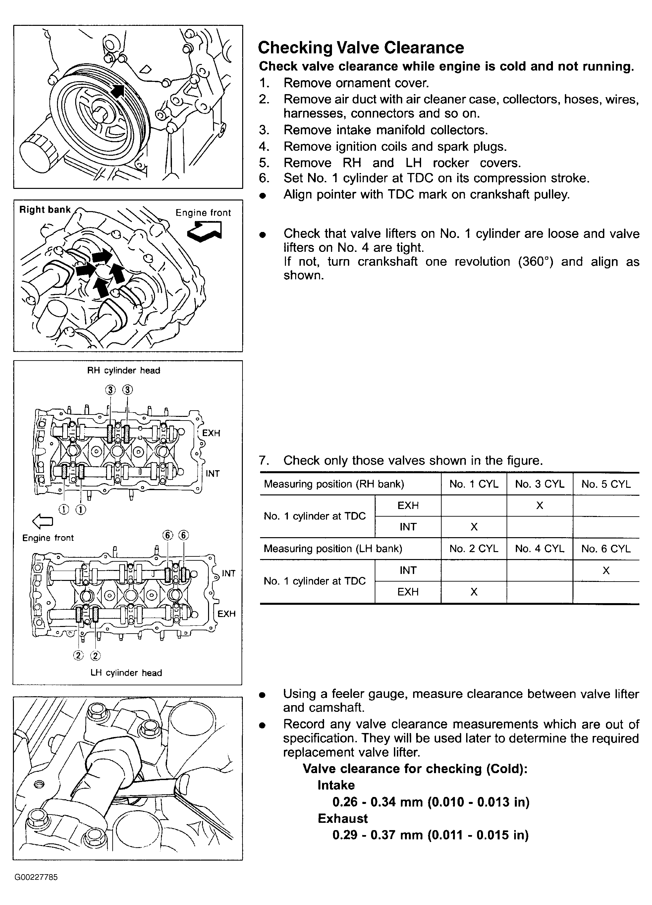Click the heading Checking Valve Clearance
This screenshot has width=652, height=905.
pyautogui.click(x=361, y=48)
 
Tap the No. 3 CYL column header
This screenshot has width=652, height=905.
pyautogui.click(x=539, y=484)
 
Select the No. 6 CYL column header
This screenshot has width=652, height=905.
pyautogui.click(x=606, y=549)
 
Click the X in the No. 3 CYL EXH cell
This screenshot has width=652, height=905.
pyautogui.click(x=539, y=506)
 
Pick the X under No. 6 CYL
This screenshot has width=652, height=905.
pyautogui.click(x=606, y=571)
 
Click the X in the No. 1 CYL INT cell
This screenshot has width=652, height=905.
pyautogui.click(x=474, y=527)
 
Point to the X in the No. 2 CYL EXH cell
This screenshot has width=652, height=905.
pyautogui.click(x=474, y=592)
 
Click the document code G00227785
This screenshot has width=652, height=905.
pyautogui.click(x=36, y=877)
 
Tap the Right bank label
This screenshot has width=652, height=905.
pyautogui.click(x=45, y=210)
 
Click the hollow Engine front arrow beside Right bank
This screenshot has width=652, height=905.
pyautogui.click(x=205, y=231)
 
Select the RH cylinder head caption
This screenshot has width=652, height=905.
pyautogui.click(x=124, y=370)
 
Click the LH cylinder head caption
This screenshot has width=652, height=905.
pyautogui.click(x=126, y=673)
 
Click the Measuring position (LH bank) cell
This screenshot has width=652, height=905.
pyautogui.click(x=333, y=549)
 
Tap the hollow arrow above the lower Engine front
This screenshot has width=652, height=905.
pyautogui.click(x=42, y=520)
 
